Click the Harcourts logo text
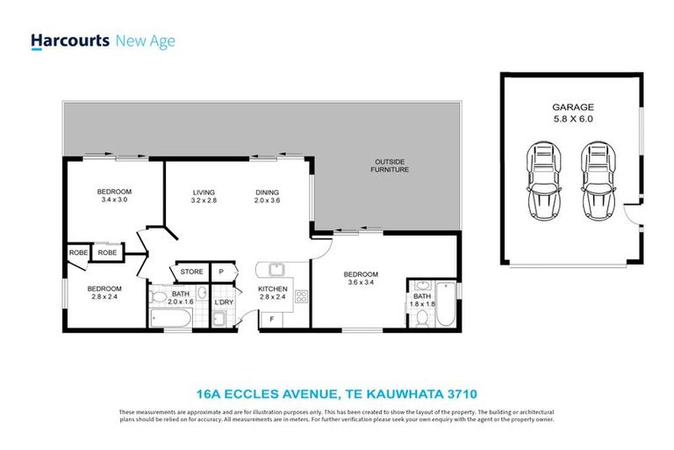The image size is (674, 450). point(71,40)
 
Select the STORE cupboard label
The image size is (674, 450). point(192,272)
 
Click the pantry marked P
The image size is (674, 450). point(222,272)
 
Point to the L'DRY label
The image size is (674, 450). point(224,303)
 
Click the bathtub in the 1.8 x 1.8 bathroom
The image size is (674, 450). point(446,308)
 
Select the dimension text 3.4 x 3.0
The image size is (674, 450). point(113,200)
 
